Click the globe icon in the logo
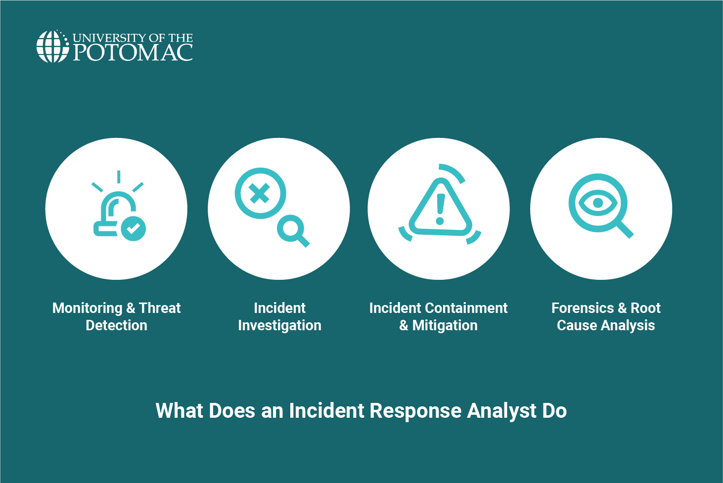[x=52, y=47]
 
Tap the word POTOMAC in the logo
[x=133, y=53]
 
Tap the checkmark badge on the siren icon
[x=134, y=228]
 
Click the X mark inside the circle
[x=260, y=193]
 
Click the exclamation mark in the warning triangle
[x=440, y=209]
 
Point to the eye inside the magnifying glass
[x=597, y=202]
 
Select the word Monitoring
[x=87, y=308]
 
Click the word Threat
[x=160, y=308]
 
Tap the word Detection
[x=116, y=325]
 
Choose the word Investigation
[x=279, y=325]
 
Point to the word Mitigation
[x=445, y=325]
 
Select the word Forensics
[x=583, y=308]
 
